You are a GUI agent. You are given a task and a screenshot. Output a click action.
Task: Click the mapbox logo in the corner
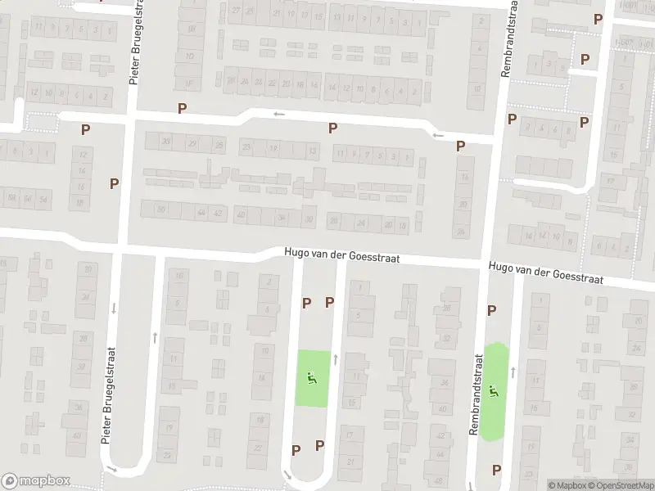pyautogui.click(x=36, y=481)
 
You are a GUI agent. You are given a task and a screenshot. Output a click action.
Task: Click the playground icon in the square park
pyautogui.click(x=312, y=379)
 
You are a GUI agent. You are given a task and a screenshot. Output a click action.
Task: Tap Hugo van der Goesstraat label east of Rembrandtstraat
pyautogui.click(x=546, y=273)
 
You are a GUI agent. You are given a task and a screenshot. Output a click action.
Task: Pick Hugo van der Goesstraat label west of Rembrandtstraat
pyautogui.click(x=342, y=257)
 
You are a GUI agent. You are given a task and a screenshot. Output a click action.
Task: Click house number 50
pyautogui.click(x=160, y=209)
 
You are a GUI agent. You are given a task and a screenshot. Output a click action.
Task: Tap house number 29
pyautogui.click(x=193, y=144)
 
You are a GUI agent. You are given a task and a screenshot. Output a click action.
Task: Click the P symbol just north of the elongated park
pyautogui.click(x=492, y=310)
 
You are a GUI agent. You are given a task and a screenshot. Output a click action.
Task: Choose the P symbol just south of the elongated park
pyautogui.click(x=496, y=469)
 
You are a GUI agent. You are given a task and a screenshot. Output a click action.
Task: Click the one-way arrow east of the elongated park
pyautogui.click(x=513, y=372)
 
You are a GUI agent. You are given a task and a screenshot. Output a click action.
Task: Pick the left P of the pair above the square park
pyautogui.click(x=307, y=303)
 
